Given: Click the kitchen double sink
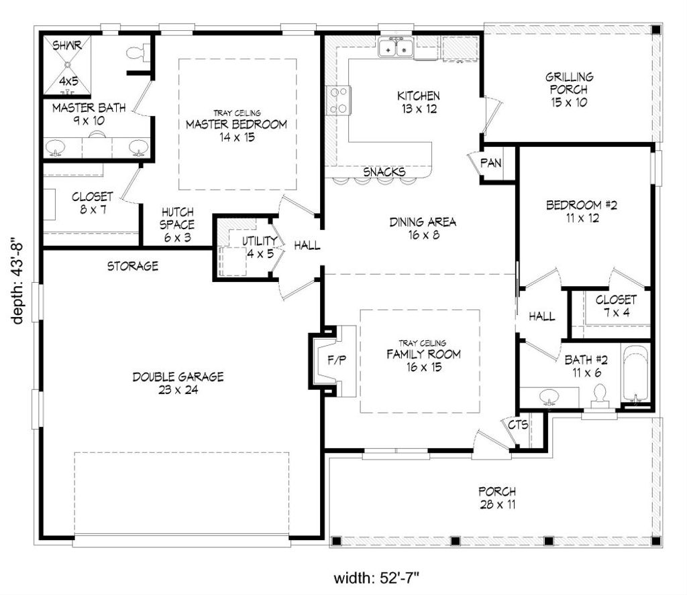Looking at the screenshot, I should click(x=395, y=49).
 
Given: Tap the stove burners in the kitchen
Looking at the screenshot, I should click(x=337, y=100).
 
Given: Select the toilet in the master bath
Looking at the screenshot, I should click(x=136, y=52).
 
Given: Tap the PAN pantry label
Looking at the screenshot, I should click(x=491, y=163).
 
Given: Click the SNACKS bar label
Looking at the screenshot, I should click(x=384, y=172).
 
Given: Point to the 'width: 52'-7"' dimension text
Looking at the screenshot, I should click(x=380, y=578).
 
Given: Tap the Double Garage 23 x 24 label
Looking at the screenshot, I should click(x=178, y=383).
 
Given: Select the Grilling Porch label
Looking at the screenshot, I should click(x=568, y=90).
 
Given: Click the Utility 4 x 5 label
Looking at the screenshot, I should click(x=260, y=247).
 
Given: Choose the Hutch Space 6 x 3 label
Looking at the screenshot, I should click(x=176, y=224).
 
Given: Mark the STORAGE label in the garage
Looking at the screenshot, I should click(x=133, y=266).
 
